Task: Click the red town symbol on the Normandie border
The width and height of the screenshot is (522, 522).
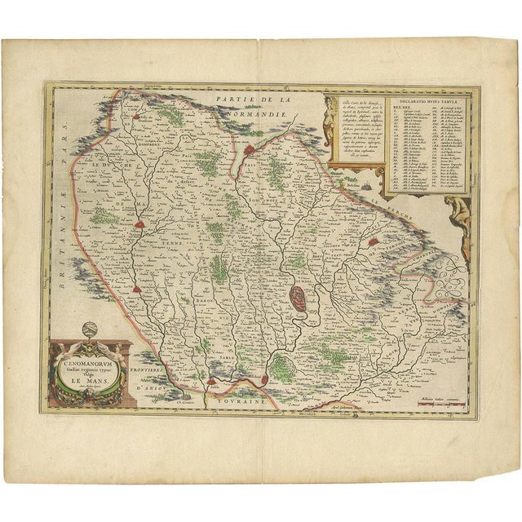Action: [250, 150]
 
